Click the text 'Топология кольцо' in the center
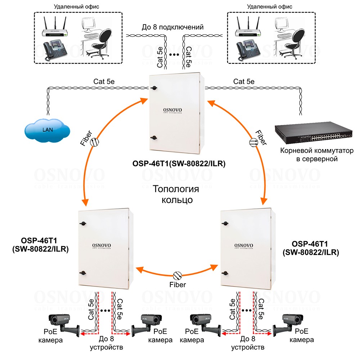pyautogui.click(x=176, y=194)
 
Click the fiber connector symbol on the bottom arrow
pyautogui.click(x=177, y=275)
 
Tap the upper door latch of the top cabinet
pyautogui.click(x=154, y=88)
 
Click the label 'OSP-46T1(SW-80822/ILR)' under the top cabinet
pyautogui.click(x=179, y=165)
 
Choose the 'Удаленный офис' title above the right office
pyautogui.click(x=270, y=6)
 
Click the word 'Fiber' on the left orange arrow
pyautogui.click(x=85, y=138)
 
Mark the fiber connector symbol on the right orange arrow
pyautogui.click(x=253, y=143)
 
